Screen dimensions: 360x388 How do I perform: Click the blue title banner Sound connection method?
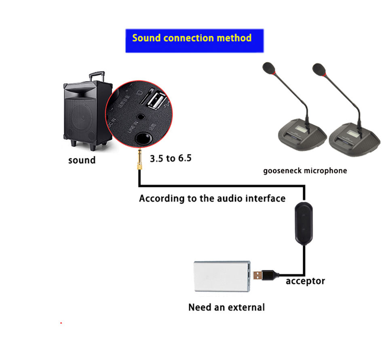pos(194,40)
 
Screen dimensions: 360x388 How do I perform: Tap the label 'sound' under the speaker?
pos(82,160)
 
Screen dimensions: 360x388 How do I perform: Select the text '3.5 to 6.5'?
pos(171,158)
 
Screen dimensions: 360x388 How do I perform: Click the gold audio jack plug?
pos(138,160)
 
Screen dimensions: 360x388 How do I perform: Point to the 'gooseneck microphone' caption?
pos(305,171)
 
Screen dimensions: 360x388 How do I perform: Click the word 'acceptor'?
pos(305,281)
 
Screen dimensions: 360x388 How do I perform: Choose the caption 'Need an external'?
pos(226,307)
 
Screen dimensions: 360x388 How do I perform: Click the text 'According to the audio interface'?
pos(212,198)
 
